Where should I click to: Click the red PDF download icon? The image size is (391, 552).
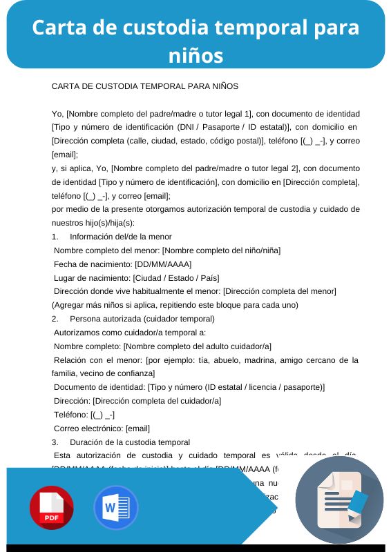tap(51, 508)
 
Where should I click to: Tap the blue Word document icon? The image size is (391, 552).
tap(116, 508)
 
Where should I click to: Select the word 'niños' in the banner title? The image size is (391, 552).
tap(195, 55)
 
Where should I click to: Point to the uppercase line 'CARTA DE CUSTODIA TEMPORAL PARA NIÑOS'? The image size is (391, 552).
tap(145, 86)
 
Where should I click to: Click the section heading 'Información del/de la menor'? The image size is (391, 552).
tap(121, 237)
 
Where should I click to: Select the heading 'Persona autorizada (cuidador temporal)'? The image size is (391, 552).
tap(142, 319)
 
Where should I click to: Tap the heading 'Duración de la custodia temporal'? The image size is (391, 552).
tap(130, 442)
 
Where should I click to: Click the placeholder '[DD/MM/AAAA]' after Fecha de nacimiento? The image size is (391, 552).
tap(163, 264)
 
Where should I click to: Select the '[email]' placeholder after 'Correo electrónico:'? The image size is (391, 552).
tap(137, 428)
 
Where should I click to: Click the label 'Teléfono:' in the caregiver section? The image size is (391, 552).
tap(70, 415)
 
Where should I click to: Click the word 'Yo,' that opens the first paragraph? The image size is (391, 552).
tap(58, 114)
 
